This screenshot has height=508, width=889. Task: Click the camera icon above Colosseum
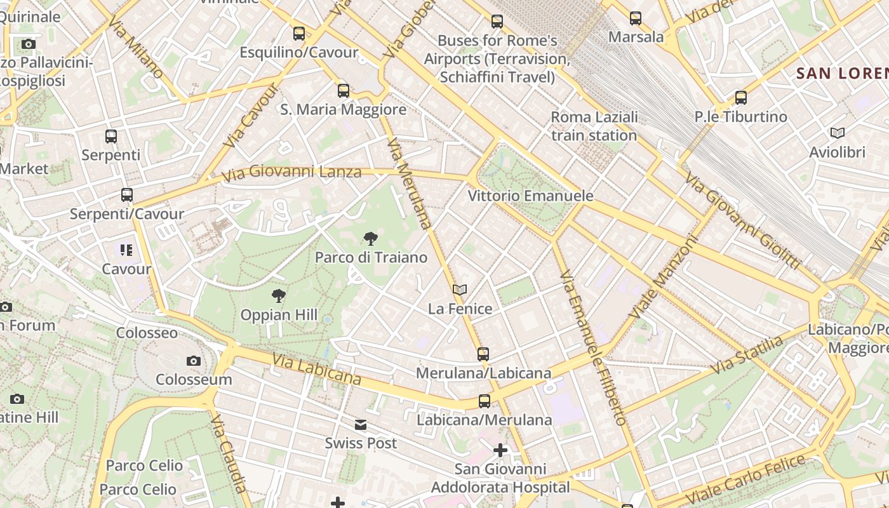(194, 361)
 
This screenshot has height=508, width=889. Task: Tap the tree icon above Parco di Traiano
(371, 239)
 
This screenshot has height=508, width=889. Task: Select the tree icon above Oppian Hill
(278, 295)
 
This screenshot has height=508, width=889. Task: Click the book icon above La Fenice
(460, 290)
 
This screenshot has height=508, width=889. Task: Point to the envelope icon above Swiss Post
(361, 425)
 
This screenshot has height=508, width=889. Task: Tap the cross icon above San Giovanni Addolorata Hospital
(500, 450)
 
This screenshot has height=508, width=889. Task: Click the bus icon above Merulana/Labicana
(483, 354)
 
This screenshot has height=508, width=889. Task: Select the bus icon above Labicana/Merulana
(485, 401)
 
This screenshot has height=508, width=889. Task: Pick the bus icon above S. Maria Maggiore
(344, 90)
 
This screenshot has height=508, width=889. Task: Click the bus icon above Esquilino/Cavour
(299, 33)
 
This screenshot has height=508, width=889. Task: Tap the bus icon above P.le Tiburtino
(741, 98)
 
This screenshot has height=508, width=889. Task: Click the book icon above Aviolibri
(838, 133)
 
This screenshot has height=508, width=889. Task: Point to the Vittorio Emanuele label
(530, 196)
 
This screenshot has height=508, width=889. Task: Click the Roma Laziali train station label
(594, 126)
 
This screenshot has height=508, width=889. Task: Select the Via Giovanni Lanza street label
(291, 171)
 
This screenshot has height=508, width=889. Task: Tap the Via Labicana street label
(316, 369)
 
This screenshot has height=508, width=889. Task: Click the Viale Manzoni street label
(664, 277)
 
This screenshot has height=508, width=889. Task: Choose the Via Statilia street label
(747, 356)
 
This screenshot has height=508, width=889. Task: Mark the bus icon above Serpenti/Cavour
(127, 195)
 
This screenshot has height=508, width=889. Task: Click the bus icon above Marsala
(636, 18)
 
